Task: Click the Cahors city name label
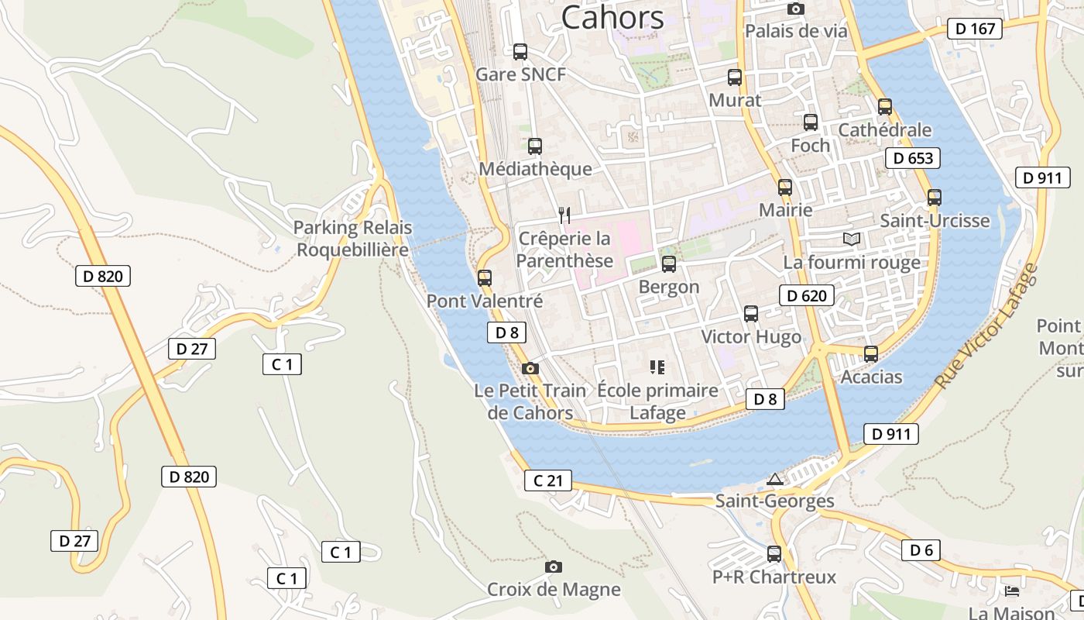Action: coord(612,17)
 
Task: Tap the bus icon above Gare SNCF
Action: coord(520,52)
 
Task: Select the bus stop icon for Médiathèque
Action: coord(534,146)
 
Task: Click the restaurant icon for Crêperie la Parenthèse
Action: coord(564,215)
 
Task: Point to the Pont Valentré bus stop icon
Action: coord(485,277)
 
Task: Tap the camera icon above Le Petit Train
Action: coord(530,368)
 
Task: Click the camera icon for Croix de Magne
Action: coord(553,567)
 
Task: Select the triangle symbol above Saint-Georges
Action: coord(774,480)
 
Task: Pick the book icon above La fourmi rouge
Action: coord(852,239)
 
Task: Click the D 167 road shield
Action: coord(975,29)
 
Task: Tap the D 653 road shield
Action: coord(913,158)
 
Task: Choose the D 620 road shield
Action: coord(807,295)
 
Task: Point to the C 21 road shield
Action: coord(548,480)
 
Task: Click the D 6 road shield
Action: coord(921,550)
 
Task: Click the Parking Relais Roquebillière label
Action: coord(352,239)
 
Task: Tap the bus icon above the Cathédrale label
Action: coord(884,107)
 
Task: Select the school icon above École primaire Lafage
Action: coord(657,367)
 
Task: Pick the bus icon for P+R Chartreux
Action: coord(774,554)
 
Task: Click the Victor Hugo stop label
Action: coord(751,337)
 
